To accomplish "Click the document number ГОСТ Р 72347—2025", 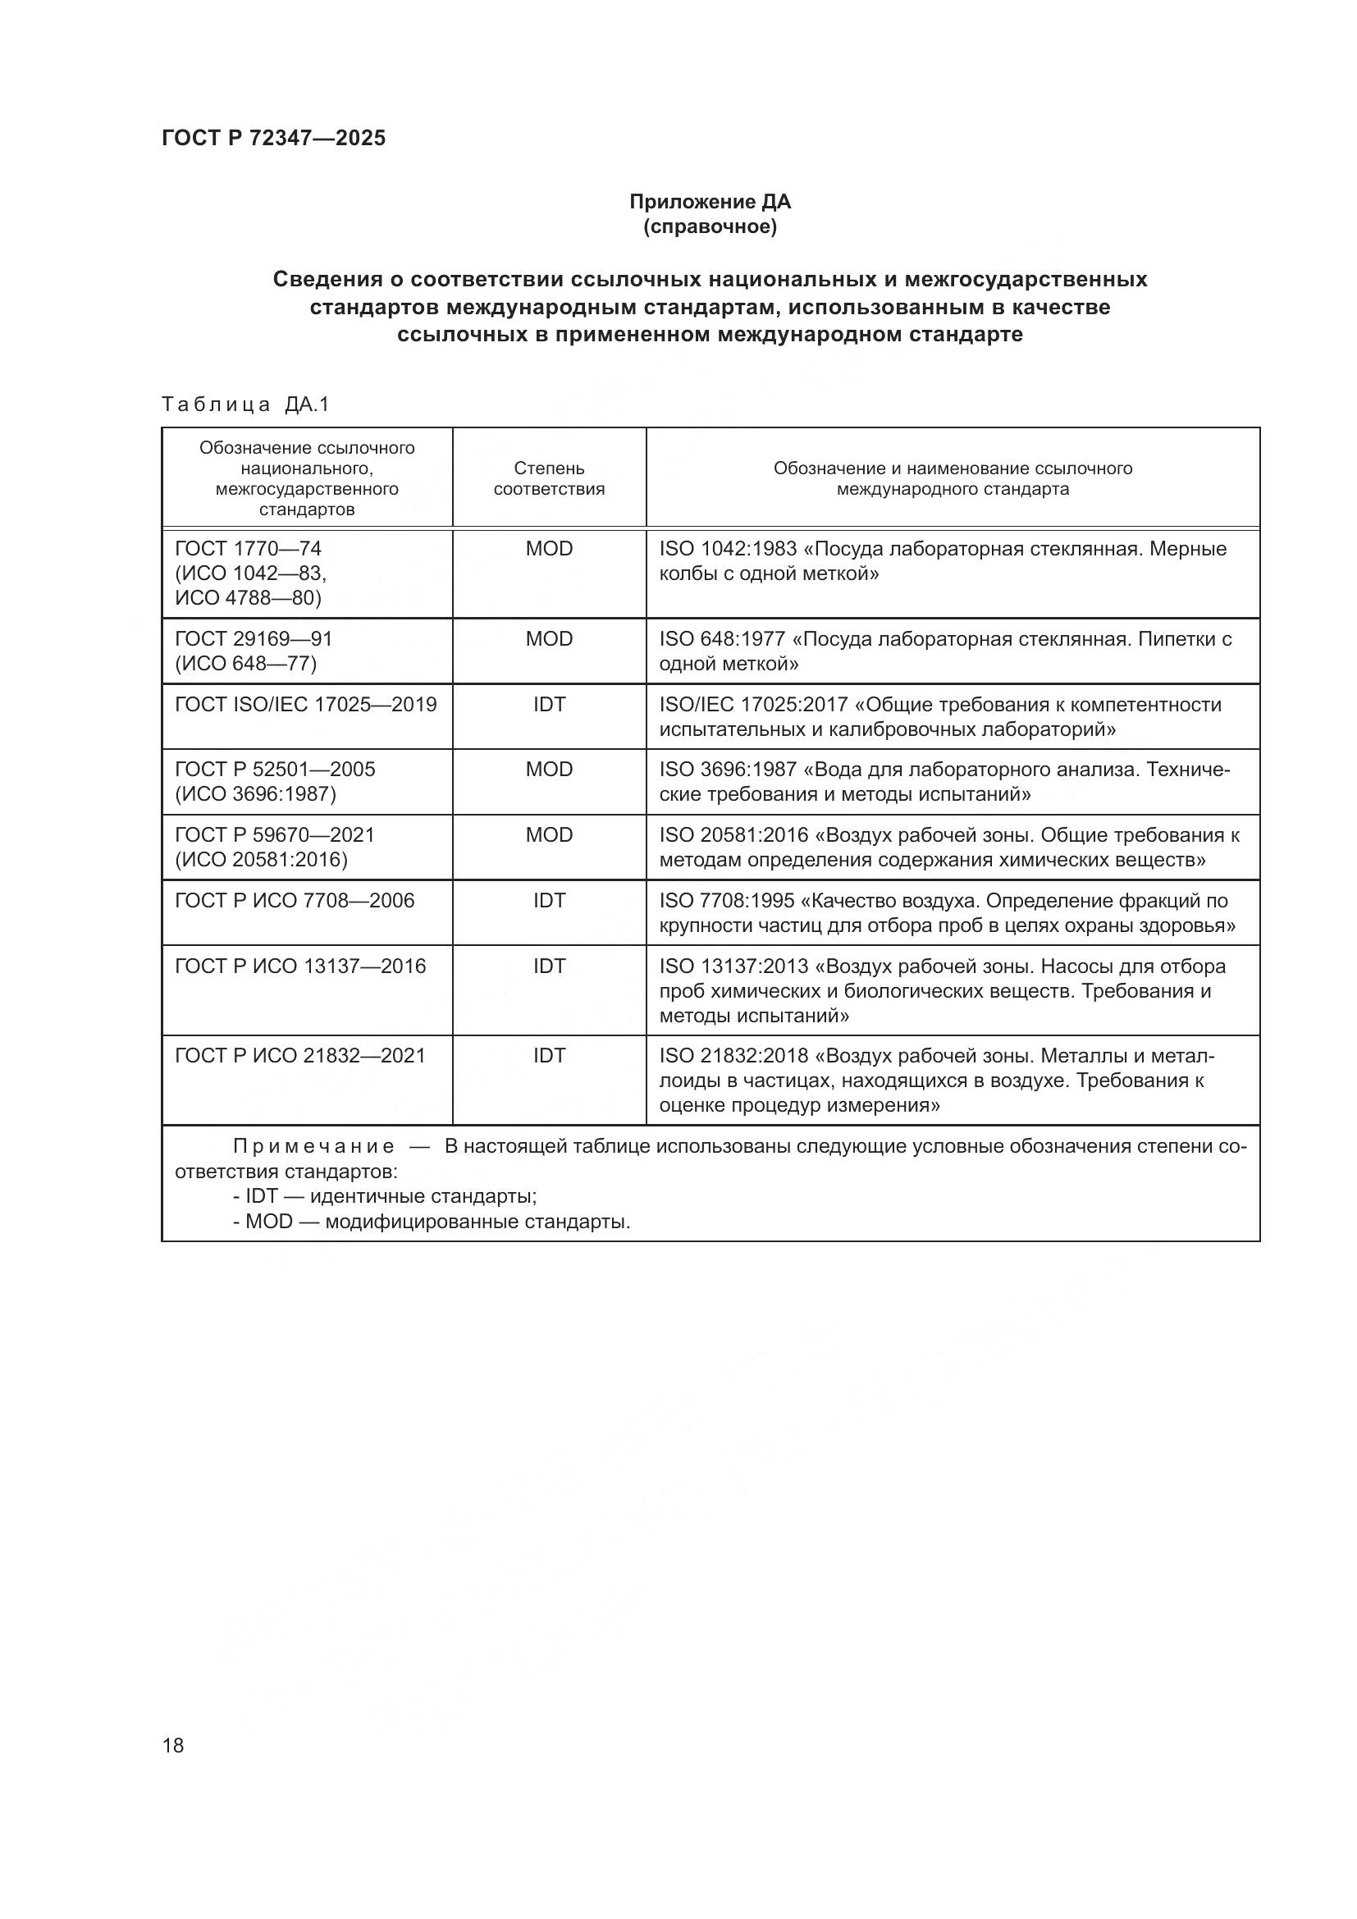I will point(273,138).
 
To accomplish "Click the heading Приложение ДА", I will point(710,202).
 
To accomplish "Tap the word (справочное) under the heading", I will point(710,227).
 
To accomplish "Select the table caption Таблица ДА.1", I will point(245,404).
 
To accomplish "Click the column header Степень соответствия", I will point(549,478).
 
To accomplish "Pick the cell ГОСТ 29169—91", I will point(254,638).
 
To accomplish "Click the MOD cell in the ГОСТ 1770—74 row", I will point(549,549).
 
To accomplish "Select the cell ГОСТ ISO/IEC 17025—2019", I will point(306,705).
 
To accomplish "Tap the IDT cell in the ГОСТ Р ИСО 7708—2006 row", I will point(549,901).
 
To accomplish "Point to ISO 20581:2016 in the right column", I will point(733,835).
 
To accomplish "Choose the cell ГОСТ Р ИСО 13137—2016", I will point(300,966).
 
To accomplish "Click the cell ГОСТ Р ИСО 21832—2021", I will point(300,1056).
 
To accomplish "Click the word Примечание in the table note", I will point(313,1147).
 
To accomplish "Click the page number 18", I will point(173,1745).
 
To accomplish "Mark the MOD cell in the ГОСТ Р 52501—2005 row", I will point(549,770).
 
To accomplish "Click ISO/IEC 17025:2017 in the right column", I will point(754,705).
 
